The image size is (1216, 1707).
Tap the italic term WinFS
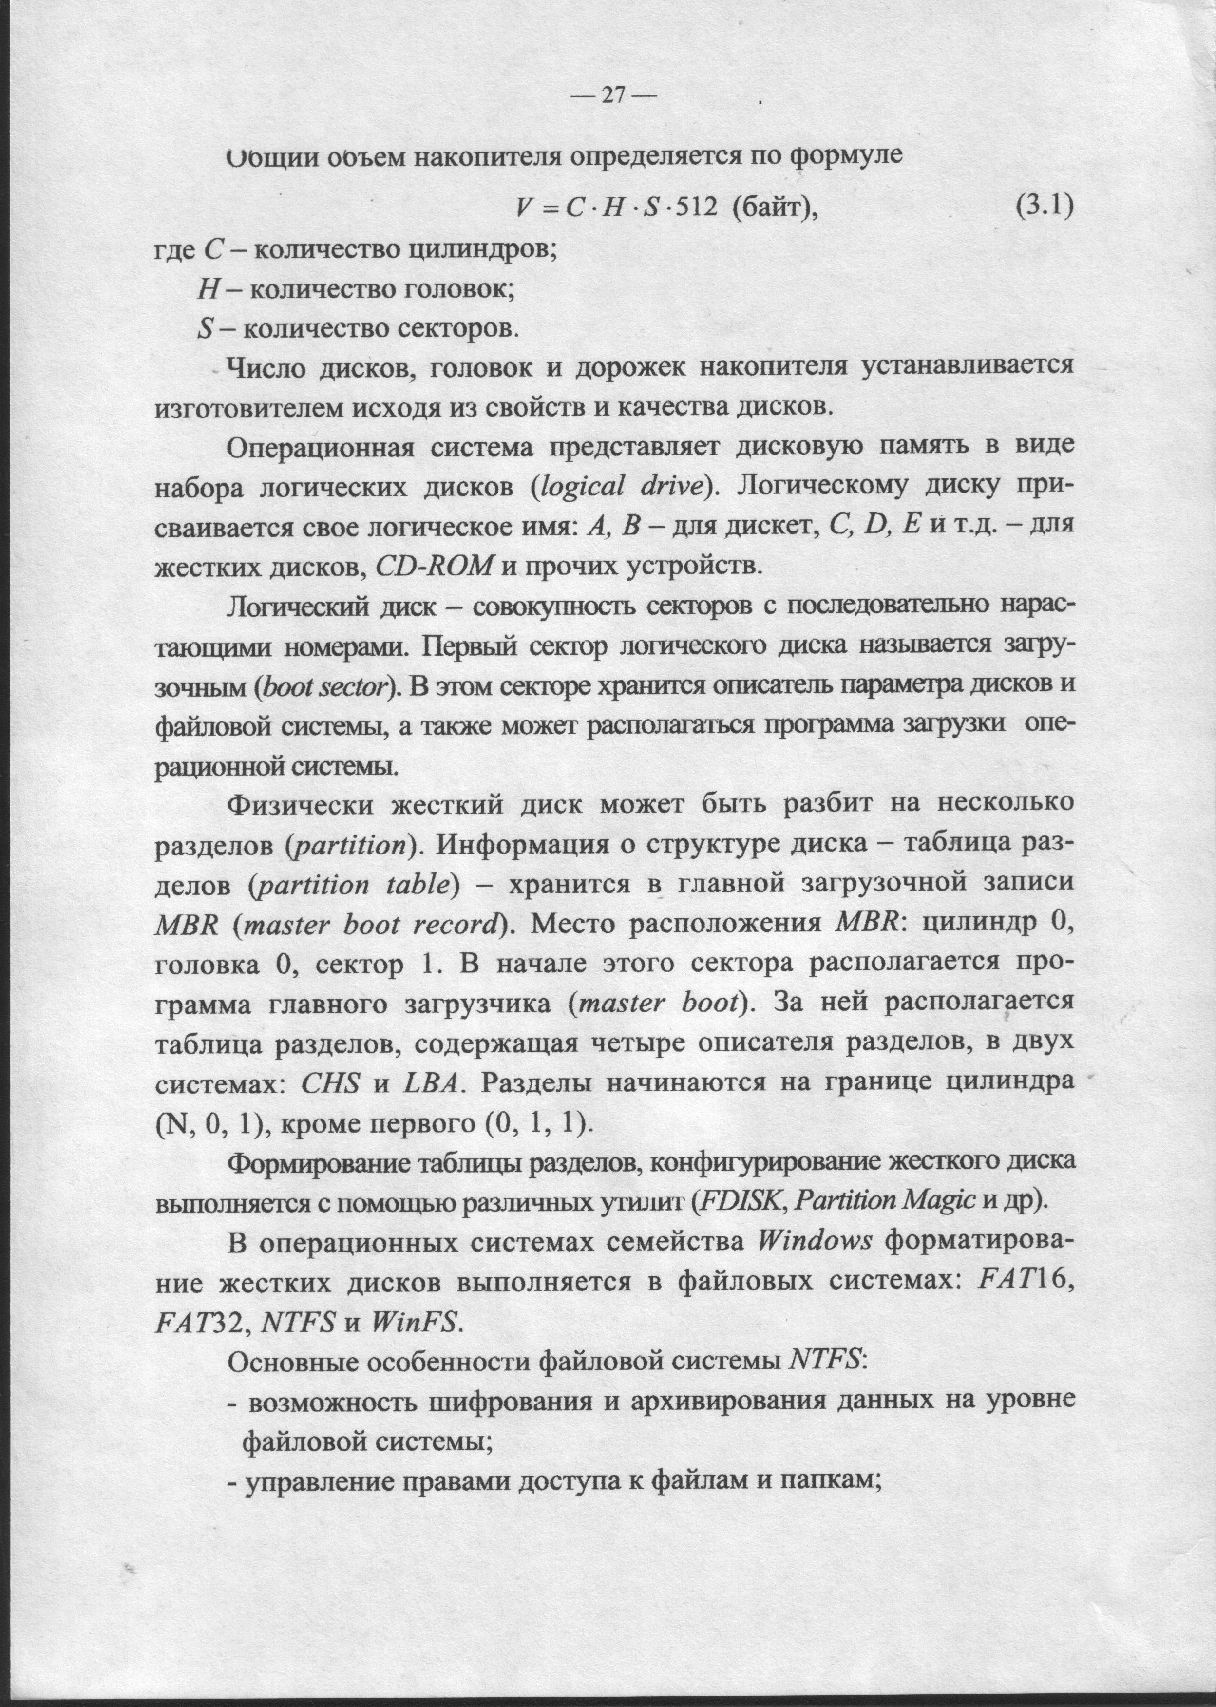[413, 1324]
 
